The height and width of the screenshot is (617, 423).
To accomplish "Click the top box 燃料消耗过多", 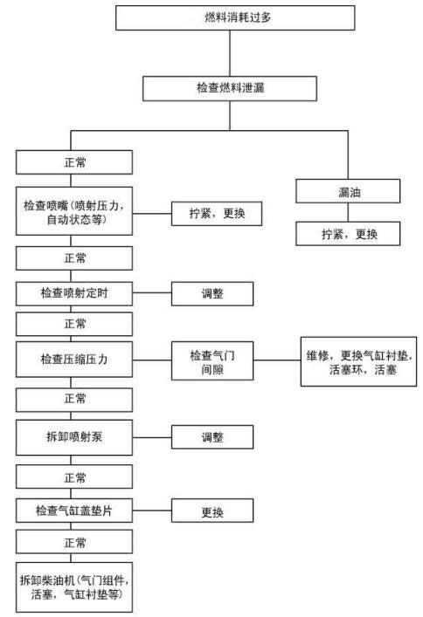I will (x=236, y=17).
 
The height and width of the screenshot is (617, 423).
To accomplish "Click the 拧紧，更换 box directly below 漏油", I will (x=348, y=233).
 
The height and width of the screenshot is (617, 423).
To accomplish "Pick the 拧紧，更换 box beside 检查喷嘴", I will (x=216, y=213).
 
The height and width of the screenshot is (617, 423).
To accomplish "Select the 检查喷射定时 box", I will (x=74, y=292).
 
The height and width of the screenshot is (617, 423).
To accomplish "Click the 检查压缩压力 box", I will (x=74, y=359).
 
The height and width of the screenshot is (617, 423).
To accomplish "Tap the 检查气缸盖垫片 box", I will (x=74, y=510).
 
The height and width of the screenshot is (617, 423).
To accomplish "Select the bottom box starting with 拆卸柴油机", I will (x=74, y=586).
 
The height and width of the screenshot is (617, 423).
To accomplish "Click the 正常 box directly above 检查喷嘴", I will (x=74, y=162).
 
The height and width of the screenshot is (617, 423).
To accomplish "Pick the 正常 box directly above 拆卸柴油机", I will (x=74, y=543).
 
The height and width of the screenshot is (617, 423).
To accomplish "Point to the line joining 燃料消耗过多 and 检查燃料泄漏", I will (x=230, y=53).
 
